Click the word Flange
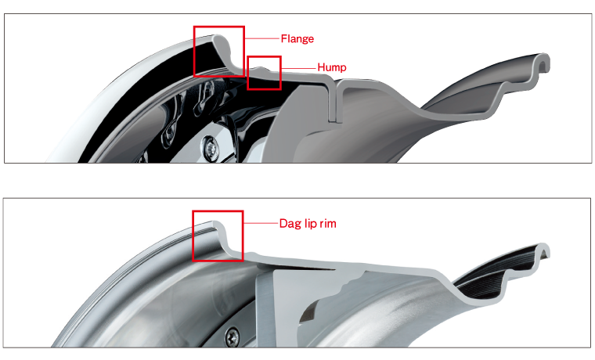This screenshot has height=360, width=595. pyautogui.click(x=297, y=38)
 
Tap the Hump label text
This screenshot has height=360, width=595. pyautogui.click(x=332, y=67)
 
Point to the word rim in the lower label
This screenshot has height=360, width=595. pyautogui.click(x=328, y=224)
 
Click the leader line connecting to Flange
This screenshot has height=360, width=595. pyautogui.click(x=261, y=38)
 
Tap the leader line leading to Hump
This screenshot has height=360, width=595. pyautogui.click(x=298, y=68)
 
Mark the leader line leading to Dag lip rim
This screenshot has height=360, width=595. pyautogui.click(x=261, y=223)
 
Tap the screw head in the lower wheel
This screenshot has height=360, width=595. pyautogui.click(x=233, y=336)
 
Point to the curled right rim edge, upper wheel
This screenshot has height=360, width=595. pyautogui.click(x=543, y=61)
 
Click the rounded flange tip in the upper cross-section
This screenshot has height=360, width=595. pyautogui.click(x=218, y=38)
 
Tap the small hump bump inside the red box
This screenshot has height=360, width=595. pyautogui.click(x=261, y=69)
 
